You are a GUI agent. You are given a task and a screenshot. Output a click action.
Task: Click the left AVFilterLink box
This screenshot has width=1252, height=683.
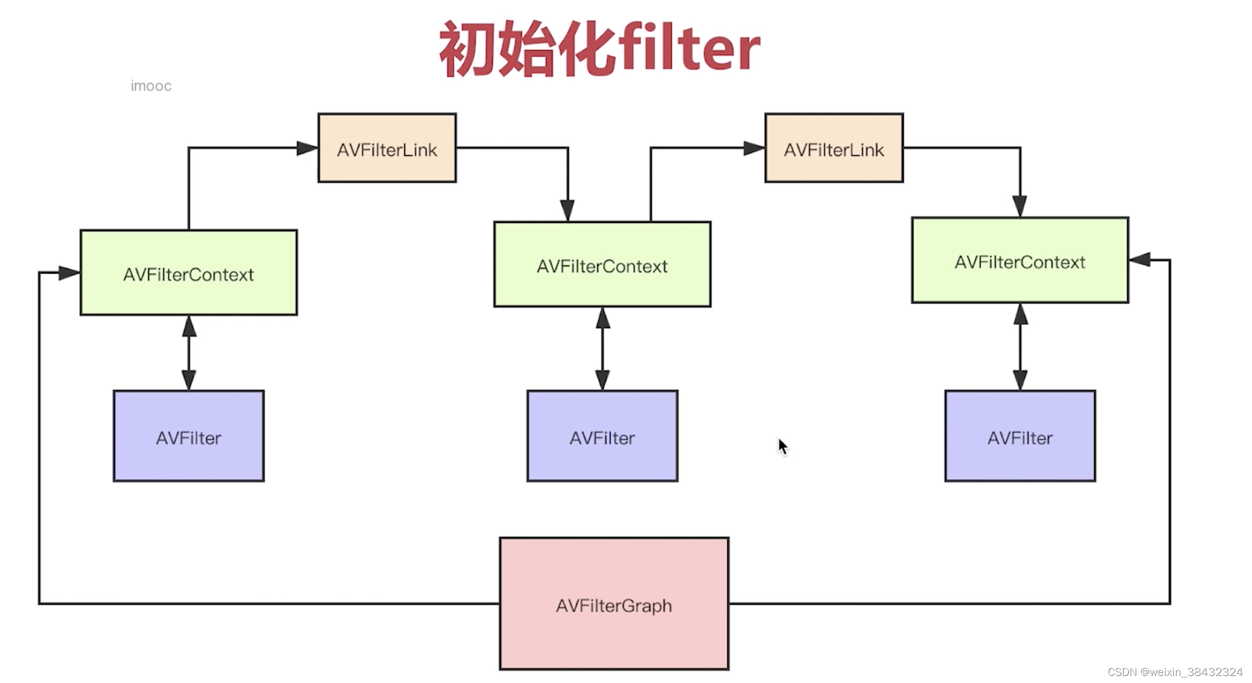(387, 148)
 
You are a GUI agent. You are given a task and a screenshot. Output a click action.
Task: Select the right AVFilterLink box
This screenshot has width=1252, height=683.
(833, 148)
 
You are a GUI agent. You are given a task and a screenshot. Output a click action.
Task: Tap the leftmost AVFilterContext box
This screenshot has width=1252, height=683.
(188, 273)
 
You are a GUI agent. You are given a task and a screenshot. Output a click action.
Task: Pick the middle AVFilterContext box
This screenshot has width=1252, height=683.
(602, 264)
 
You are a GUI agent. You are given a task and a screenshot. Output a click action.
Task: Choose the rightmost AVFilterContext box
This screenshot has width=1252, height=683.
(1020, 260)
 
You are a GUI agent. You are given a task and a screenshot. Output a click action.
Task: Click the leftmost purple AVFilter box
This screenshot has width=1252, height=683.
(188, 436)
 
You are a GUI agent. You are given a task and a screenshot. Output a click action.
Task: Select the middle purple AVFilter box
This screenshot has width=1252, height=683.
(602, 436)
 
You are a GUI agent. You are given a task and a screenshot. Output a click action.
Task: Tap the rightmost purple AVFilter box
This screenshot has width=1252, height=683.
(1020, 436)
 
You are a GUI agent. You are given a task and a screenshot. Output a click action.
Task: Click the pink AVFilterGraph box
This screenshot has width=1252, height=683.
(614, 604)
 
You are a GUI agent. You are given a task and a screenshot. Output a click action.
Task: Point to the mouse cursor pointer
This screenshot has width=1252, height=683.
(783, 447)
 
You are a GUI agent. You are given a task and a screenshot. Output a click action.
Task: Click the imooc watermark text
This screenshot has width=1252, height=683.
(151, 86)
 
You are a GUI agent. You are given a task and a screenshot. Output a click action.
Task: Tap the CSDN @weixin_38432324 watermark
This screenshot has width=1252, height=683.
(1174, 672)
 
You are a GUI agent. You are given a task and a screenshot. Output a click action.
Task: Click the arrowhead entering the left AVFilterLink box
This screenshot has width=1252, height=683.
(307, 148)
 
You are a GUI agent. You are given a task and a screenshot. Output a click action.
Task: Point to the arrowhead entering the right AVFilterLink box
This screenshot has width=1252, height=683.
(754, 148)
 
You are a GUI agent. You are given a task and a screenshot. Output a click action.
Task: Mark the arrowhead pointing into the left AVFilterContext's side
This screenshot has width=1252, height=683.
(69, 273)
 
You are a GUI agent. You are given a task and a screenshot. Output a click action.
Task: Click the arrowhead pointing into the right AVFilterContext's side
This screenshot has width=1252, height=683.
(1140, 260)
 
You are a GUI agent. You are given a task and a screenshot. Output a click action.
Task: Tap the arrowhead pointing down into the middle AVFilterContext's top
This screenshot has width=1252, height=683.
(567, 210)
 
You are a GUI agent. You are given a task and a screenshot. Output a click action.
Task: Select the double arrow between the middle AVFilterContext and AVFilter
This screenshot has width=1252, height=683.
(603, 349)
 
